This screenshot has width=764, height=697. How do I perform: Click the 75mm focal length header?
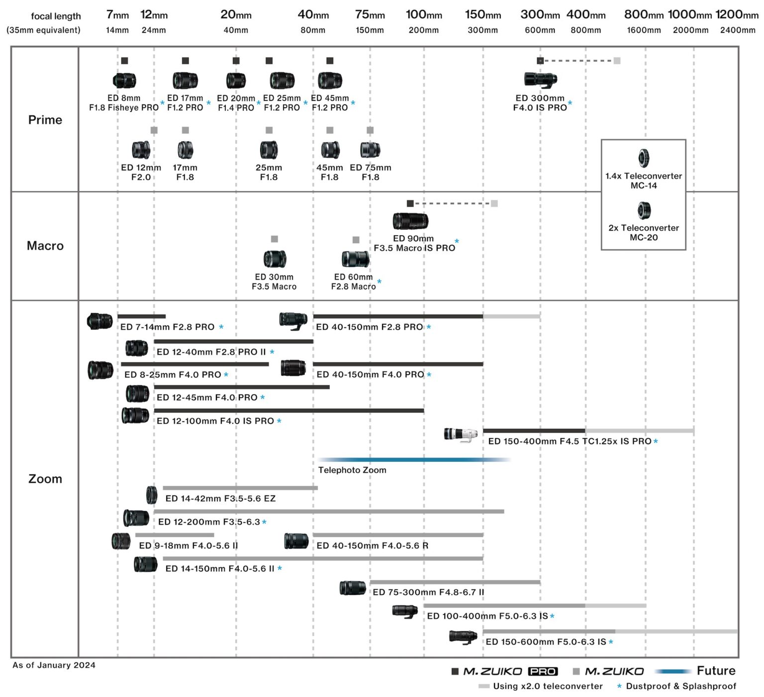(x=370, y=15)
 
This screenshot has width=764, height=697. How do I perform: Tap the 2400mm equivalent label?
(x=738, y=30)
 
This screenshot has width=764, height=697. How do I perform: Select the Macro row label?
(x=45, y=246)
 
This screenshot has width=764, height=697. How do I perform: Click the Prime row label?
(x=45, y=120)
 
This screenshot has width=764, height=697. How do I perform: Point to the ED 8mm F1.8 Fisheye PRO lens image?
(x=124, y=80)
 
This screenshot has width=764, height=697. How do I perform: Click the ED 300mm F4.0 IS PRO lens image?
(x=540, y=79)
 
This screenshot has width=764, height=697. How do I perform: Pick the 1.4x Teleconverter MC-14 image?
(x=644, y=158)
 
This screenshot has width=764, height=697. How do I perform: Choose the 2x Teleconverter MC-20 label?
(x=644, y=233)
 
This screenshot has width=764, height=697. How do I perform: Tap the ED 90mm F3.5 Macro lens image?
(x=410, y=221)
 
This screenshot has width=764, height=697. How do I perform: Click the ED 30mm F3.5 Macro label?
(x=274, y=282)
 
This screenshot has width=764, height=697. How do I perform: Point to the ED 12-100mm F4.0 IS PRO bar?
(x=289, y=411)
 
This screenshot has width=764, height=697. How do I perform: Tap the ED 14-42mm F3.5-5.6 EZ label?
(x=220, y=499)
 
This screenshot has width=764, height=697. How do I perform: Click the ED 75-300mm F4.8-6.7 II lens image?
(x=353, y=588)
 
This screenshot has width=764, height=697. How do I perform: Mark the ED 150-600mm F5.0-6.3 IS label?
(x=546, y=642)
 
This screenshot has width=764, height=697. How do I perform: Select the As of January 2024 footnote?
(x=54, y=665)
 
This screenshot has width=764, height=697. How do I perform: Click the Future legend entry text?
(x=716, y=671)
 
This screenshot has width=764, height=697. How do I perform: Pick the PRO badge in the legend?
(x=543, y=672)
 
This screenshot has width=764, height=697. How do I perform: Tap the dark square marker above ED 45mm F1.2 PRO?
(x=330, y=61)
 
